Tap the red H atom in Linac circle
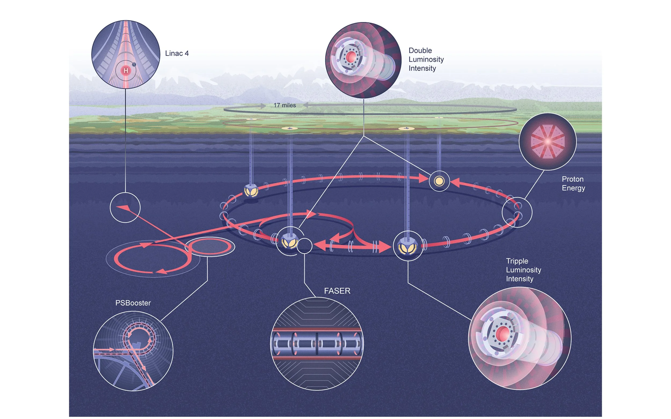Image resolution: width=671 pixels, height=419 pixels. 126,71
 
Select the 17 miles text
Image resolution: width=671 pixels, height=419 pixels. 285,105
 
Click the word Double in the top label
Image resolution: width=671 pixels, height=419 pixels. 420,50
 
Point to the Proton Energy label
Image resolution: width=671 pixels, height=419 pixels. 573,183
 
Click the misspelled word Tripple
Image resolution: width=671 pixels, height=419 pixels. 517,261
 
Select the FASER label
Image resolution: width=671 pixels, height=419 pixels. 337,291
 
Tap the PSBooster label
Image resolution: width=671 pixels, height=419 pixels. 133,303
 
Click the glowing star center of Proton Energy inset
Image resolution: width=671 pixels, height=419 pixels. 548,142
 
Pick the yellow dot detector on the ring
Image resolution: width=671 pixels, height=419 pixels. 439,181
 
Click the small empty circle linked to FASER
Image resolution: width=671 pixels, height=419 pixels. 304,246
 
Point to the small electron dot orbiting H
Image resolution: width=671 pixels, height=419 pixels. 134,65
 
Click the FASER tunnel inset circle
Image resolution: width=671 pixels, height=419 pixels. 316,344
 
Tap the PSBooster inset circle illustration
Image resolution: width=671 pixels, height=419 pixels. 133,351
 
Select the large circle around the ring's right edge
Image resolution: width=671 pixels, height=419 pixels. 517,212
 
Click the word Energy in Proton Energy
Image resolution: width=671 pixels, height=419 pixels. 573,188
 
